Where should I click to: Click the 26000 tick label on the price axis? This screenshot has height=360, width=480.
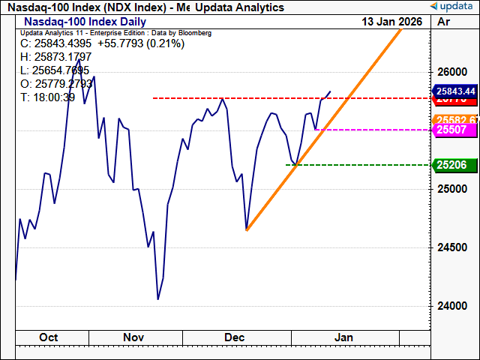click(448, 72)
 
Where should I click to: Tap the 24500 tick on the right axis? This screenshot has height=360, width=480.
click(448, 247)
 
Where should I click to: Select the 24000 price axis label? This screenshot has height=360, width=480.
click(448, 306)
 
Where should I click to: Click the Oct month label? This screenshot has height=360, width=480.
click(48, 337)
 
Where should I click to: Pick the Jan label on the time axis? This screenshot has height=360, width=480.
click(343, 337)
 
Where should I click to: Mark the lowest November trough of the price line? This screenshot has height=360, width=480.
click(157, 299)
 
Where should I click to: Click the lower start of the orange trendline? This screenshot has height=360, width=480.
click(247, 229)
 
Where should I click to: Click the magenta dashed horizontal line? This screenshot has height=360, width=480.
click(375, 129)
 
